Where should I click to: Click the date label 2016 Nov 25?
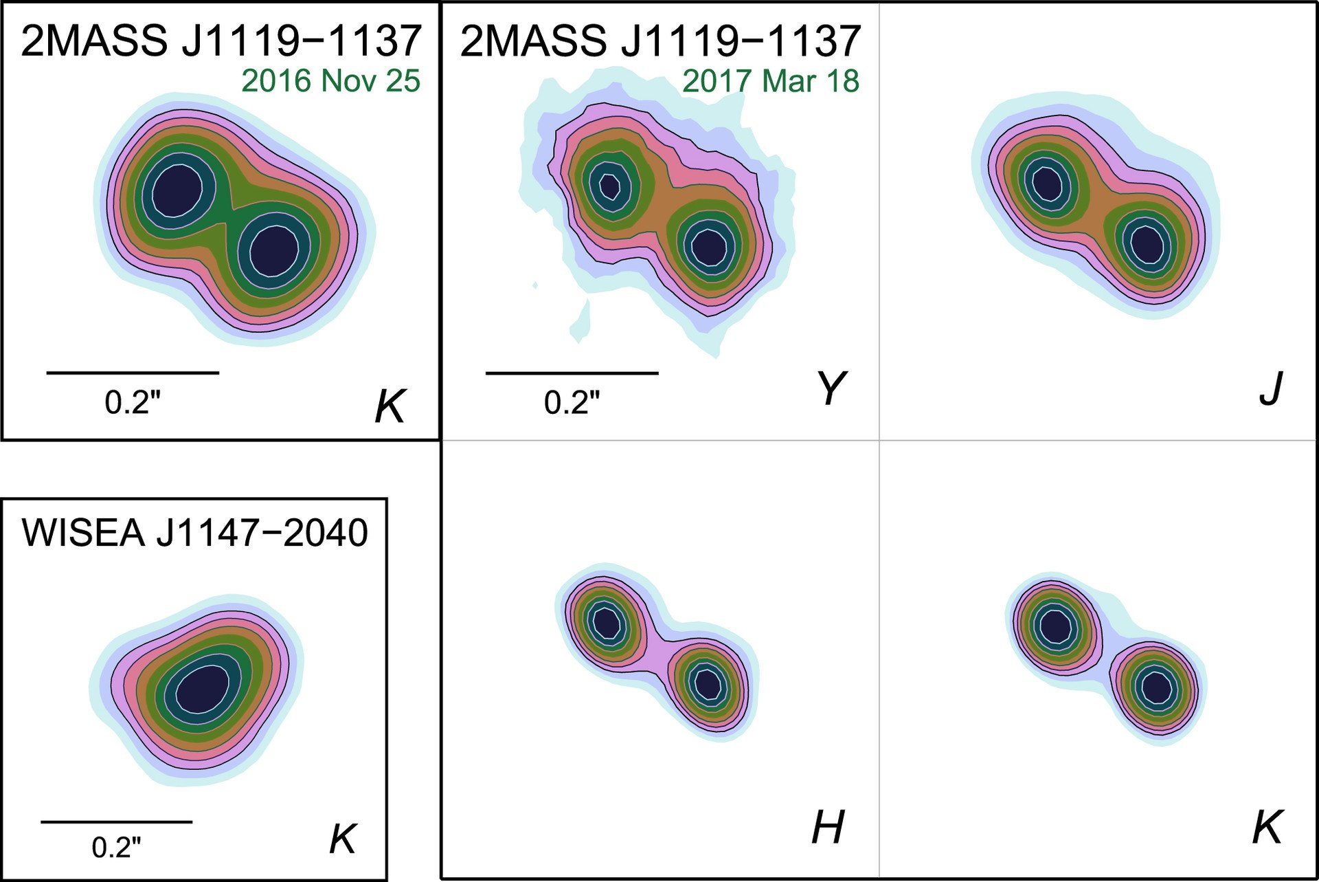pyautogui.click(x=330, y=81)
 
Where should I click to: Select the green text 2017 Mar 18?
pyautogui.click(x=770, y=81)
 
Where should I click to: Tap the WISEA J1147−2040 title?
pyautogui.click(x=195, y=533)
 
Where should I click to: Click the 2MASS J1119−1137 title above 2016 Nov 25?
pyautogui.click(x=221, y=41)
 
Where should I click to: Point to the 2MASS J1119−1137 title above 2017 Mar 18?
pyautogui.click(x=660, y=41)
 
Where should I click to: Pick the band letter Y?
pyautogui.click(x=831, y=389)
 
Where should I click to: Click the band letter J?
pyautogui.click(x=1271, y=389)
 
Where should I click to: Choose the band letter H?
pyautogui.click(x=828, y=827)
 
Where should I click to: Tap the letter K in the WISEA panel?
pyautogui.click(x=343, y=839)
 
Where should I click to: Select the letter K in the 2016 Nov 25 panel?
pyautogui.click(x=390, y=406)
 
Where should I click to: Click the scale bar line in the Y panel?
pyautogui.click(x=572, y=373)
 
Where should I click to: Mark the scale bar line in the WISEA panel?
pyautogui.click(x=117, y=822)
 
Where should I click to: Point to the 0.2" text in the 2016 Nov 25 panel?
pyautogui.click(x=133, y=402)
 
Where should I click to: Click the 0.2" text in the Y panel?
pyautogui.click(x=572, y=402)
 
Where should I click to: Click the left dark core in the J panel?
pyautogui.click(x=1046, y=181)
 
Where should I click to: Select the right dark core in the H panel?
pyautogui.click(x=708, y=683)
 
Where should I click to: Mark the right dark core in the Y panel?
pyautogui.click(x=709, y=247)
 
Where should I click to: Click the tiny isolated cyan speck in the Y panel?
pyautogui.click(x=535, y=285)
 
